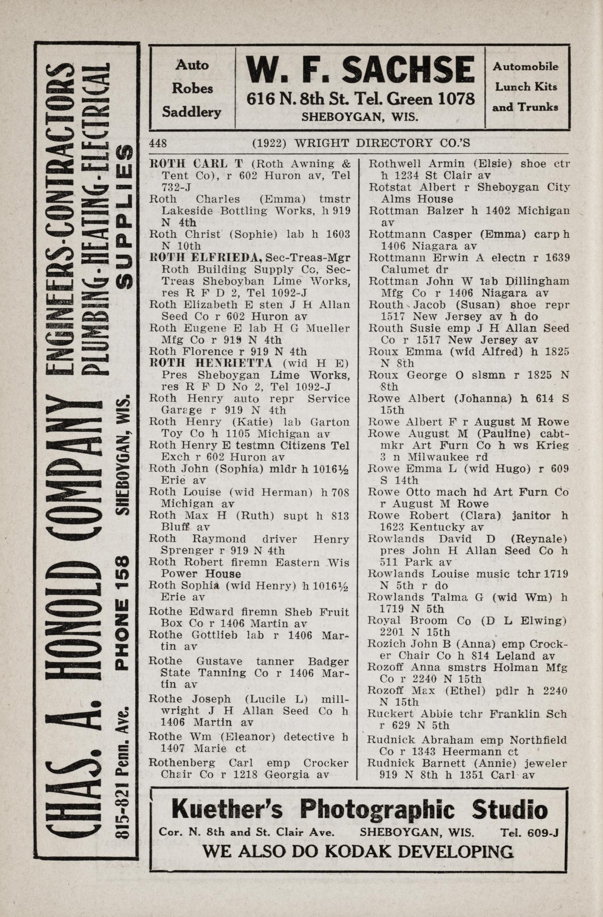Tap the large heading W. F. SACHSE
tap(360, 71)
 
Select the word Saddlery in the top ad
tap(192, 112)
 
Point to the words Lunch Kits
tap(526, 87)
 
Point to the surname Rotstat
tap(387, 188)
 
